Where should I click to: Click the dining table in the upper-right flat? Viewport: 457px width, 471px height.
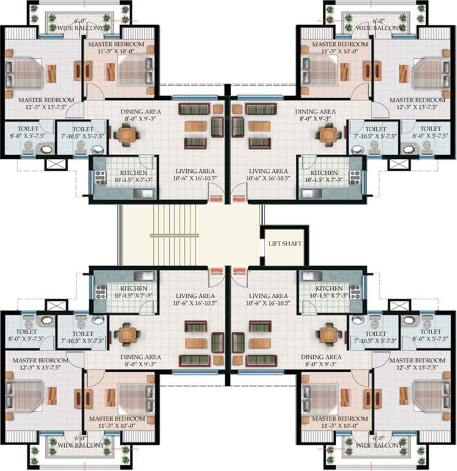[330, 134]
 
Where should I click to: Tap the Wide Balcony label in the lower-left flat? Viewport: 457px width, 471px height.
[80, 442]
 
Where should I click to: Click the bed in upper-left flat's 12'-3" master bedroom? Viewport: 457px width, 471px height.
[25, 73]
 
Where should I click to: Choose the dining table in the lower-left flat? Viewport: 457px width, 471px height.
[127, 334]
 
